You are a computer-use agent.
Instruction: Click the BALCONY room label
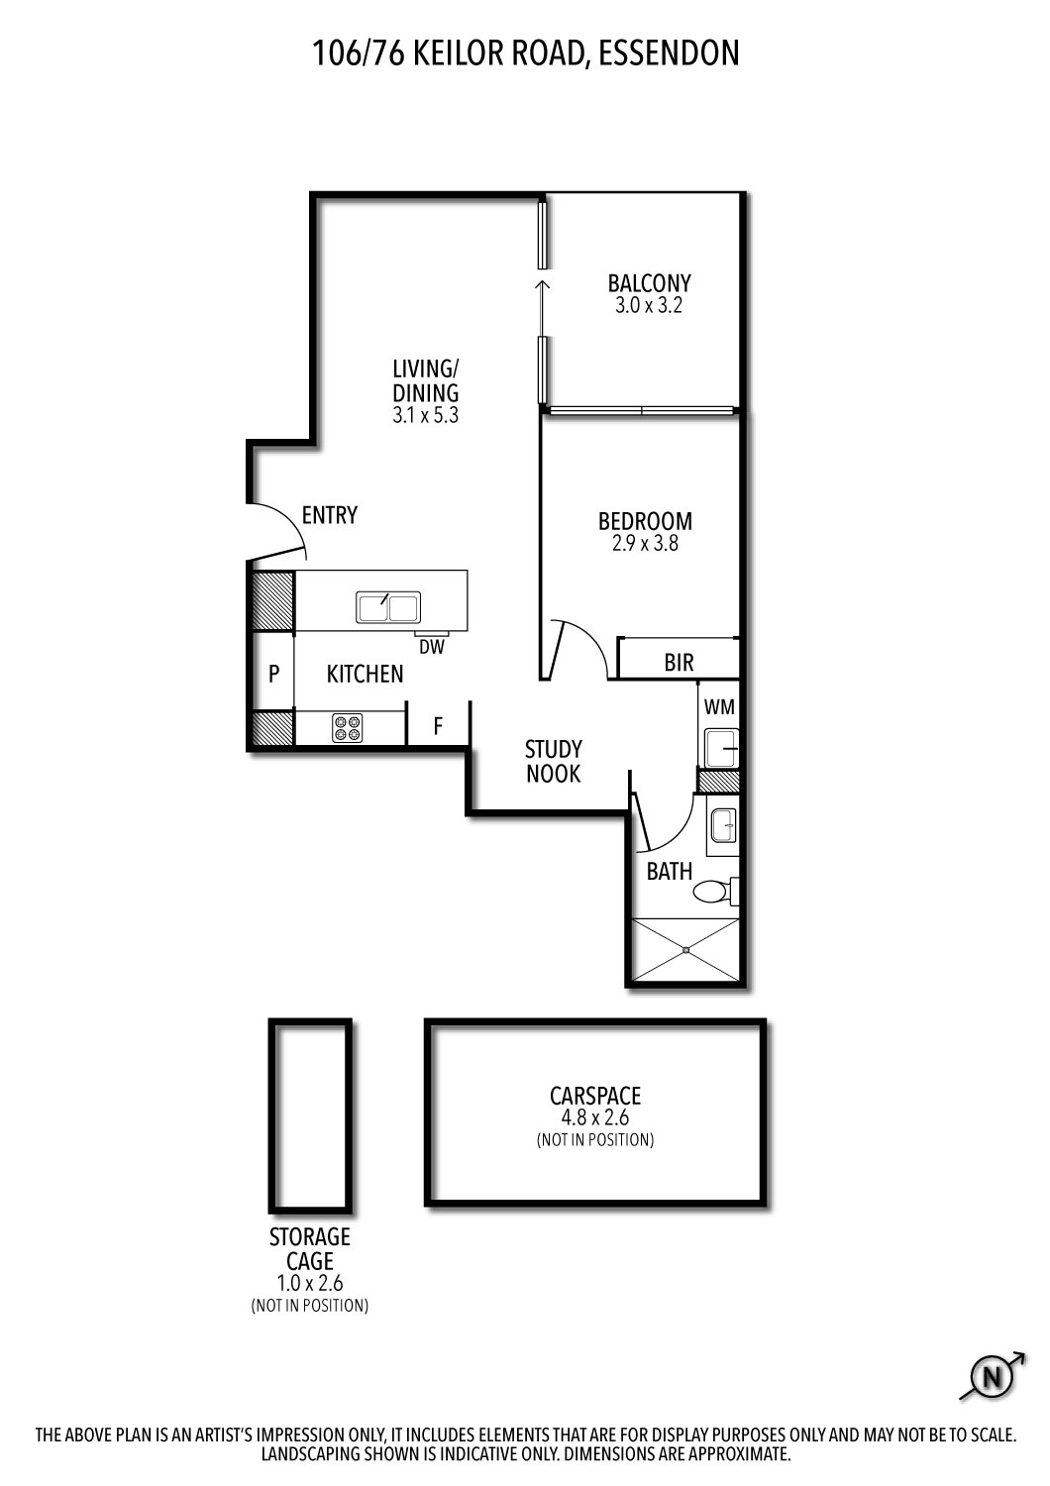[x=649, y=284]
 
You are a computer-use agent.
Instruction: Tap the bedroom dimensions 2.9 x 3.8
[x=645, y=544]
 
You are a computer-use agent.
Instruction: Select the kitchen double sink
[x=388, y=607]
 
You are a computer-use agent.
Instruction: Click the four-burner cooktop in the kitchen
[x=348, y=727]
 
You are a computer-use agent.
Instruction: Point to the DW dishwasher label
[x=432, y=647]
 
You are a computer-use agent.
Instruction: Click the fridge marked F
[x=438, y=727]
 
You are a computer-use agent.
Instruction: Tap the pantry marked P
[x=273, y=674]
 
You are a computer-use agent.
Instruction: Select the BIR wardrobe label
[x=679, y=662]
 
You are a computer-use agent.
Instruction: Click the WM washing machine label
[x=719, y=707]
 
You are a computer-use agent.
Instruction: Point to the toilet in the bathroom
[x=715, y=891]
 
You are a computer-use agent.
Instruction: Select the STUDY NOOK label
[x=553, y=762]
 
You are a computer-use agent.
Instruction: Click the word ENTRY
[x=330, y=515]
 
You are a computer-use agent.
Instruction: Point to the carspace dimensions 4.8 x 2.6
[x=595, y=1117]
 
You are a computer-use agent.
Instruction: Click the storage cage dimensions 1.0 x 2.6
[x=310, y=1283]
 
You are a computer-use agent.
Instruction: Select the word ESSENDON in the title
[x=669, y=53]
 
